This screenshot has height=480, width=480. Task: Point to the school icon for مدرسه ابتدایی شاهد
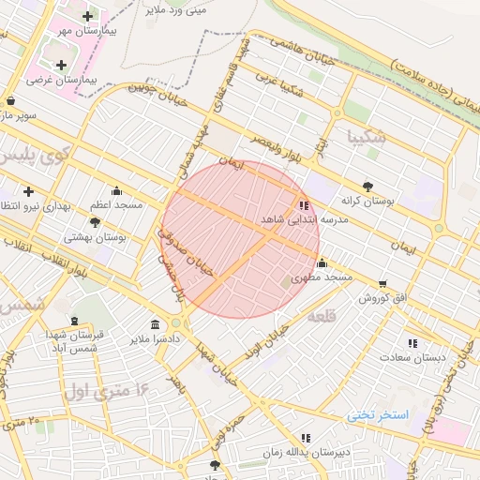pos(304,204)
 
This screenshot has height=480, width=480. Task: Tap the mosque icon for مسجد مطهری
pos(322,262)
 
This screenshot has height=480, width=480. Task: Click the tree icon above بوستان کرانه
pos(367,186)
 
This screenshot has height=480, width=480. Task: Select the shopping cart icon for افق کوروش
pos(382,283)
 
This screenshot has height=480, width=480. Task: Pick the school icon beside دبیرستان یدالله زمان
pos(306,437)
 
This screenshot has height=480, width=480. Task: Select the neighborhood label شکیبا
pos(366,137)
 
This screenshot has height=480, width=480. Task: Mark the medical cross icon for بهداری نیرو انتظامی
pos(29,191)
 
